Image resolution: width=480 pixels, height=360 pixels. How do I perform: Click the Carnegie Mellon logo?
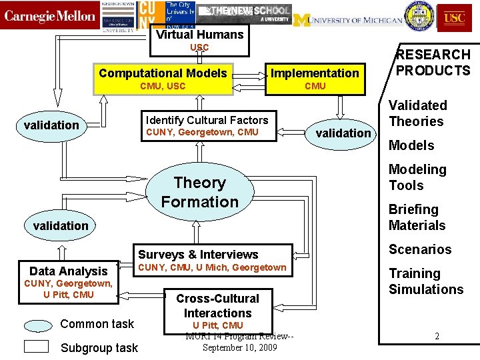(50, 16)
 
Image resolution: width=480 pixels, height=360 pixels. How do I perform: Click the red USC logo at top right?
(454, 17)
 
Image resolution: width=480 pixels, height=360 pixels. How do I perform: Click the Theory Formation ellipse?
(199, 192)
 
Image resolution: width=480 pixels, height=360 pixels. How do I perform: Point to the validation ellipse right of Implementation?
(343, 133)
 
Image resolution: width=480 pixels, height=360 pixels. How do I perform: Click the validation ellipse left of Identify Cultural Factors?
(51, 125)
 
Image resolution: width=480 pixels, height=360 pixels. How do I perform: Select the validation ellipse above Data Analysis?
(61, 226)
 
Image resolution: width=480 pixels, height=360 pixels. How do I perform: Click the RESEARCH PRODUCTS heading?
(433, 63)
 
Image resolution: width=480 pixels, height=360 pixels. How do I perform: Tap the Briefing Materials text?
(417, 217)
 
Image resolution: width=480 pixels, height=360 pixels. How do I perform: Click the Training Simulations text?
(425, 281)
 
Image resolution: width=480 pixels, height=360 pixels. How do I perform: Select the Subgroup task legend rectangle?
(36, 346)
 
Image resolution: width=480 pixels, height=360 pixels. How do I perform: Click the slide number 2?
(437, 336)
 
